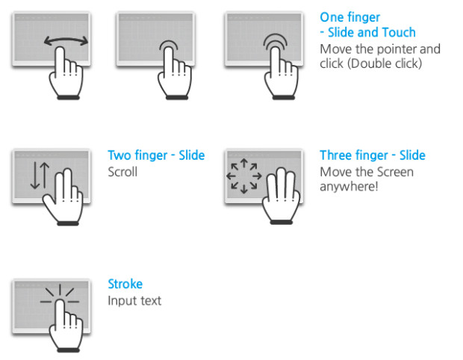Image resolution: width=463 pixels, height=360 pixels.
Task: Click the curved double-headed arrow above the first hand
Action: [66, 38]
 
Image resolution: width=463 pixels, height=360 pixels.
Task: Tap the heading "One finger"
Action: [350, 17]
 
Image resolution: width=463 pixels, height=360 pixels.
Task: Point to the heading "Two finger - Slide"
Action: [156, 155]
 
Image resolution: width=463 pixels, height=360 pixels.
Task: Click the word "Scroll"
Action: [122, 172]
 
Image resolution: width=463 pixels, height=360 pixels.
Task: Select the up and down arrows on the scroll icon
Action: [40, 176]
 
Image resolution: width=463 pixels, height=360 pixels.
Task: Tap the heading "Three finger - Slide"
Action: [373, 155]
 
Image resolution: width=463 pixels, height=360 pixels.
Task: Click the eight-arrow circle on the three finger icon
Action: [244, 176]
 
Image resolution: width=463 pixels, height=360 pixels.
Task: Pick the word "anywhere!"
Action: [349, 187]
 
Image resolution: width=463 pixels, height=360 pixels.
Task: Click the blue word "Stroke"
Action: [125, 284]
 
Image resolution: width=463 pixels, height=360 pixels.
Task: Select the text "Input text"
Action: [134, 301]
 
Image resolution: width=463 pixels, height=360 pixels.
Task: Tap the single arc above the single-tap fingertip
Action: [169, 44]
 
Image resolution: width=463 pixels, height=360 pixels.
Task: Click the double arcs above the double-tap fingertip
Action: [276, 41]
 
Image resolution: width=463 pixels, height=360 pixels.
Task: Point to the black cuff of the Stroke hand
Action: [69, 350]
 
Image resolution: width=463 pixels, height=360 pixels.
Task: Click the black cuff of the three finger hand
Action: [282, 222]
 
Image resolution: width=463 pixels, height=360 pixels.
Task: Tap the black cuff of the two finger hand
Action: [68, 223]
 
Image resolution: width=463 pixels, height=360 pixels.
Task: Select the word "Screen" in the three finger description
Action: [395, 172]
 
